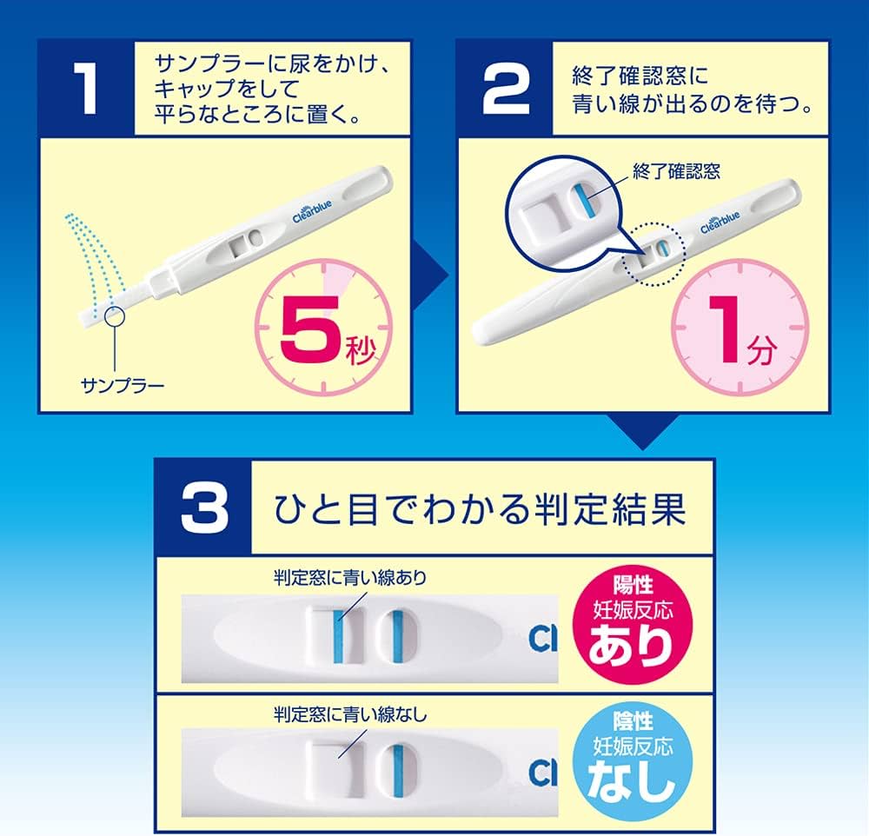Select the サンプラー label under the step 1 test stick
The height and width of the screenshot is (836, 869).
pos(123,383)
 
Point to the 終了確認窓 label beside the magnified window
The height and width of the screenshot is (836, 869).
pos(677,171)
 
